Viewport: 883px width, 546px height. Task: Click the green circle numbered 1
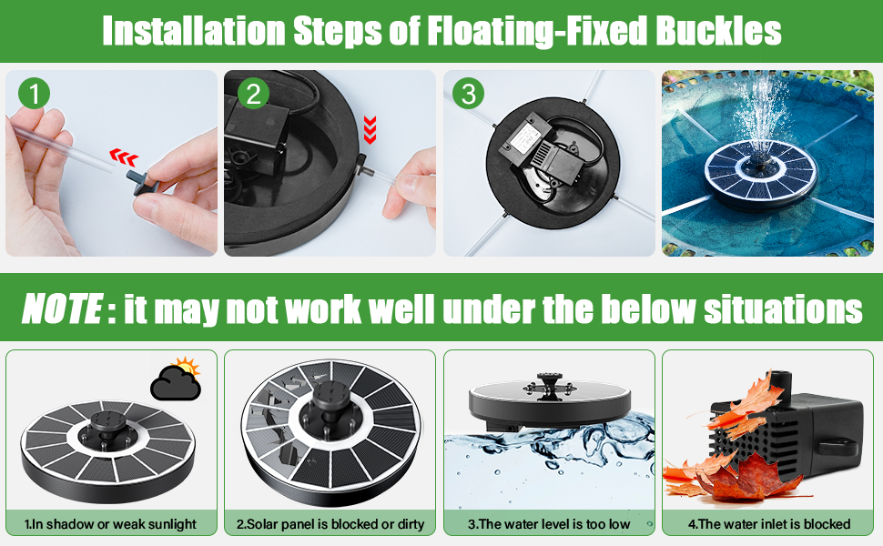pos(35,94)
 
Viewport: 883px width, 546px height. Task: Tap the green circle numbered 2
pos(253,94)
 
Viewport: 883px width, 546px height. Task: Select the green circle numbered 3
pos(468,94)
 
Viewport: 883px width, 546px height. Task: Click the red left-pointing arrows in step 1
pos(123,157)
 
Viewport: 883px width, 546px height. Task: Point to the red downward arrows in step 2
pos(370,130)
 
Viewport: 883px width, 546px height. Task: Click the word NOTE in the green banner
pos(62,308)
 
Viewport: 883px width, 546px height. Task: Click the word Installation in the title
pos(193,30)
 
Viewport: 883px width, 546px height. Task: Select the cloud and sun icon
pos(177,379)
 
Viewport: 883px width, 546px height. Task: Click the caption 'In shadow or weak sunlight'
pos(110,524)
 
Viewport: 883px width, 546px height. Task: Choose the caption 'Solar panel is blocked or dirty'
pos(330,524)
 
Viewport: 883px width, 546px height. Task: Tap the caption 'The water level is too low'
pos(549,524)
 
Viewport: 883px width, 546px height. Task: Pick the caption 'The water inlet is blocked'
pos(768,524)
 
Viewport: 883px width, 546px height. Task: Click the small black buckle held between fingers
pos(143,182)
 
